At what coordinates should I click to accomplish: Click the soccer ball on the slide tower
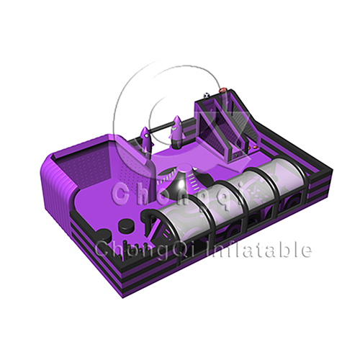click(207, 96)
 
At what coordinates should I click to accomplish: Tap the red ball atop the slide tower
click(222, 90)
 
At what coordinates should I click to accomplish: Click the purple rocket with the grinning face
click(175, 130)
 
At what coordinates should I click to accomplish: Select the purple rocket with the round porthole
click(146, 139)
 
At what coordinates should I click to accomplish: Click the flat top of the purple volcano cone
click(185, 167)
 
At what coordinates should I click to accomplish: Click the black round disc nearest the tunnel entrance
click(127, 224)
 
